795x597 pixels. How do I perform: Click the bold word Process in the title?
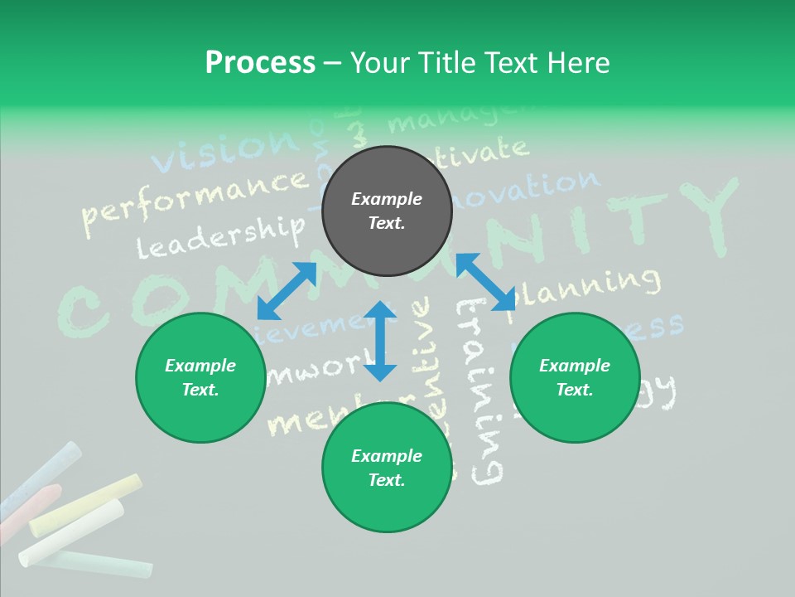coord(260,62)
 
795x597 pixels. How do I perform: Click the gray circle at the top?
coord(387,211)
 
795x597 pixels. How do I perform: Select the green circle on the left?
coord(200,378)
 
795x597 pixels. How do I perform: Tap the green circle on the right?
coord(575,378)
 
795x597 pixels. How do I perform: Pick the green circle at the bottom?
coord(387,468)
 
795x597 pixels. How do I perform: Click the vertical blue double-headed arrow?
coord(380,341)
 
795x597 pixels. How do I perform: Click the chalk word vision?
coord(224,149)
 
